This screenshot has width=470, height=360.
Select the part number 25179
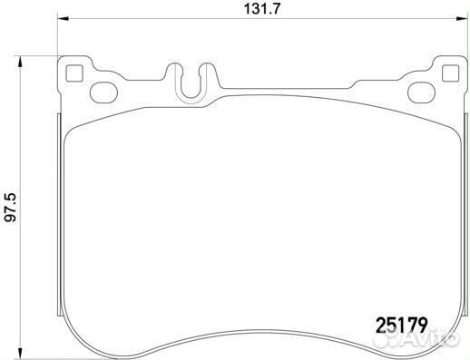401,322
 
